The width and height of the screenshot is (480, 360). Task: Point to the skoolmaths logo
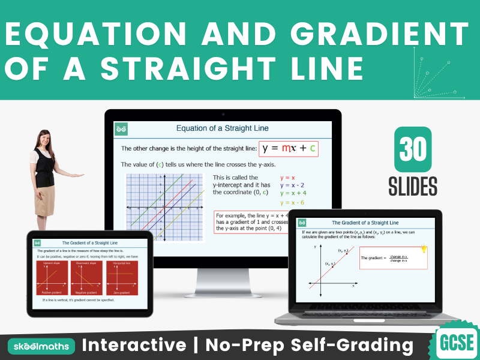click(x=41, y=346)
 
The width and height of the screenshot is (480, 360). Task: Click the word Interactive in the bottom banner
click(x=134, y=345)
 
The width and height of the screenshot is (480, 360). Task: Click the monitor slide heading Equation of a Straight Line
click(x=222, y=128)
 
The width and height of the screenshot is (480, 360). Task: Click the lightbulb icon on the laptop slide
click(x=424, y=249)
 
